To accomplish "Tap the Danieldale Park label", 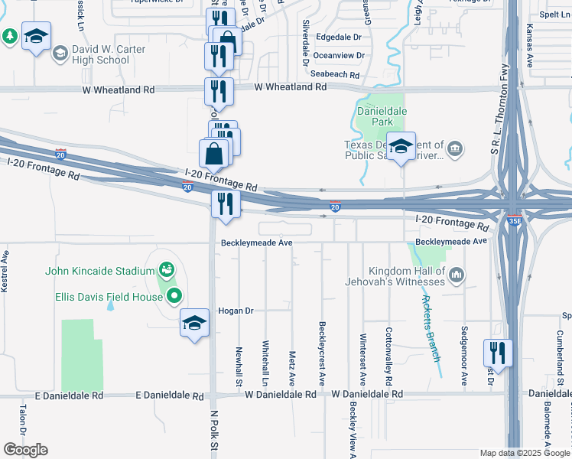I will point(382,116).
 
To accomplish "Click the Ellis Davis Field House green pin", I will point(174,296).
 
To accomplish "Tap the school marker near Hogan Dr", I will point(194,322).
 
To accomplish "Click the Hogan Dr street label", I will point(236,311).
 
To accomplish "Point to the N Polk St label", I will point(215,433).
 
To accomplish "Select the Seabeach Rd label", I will point(335,75).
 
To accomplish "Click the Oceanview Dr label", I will point(339,55).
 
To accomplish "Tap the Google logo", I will point(26,449).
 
